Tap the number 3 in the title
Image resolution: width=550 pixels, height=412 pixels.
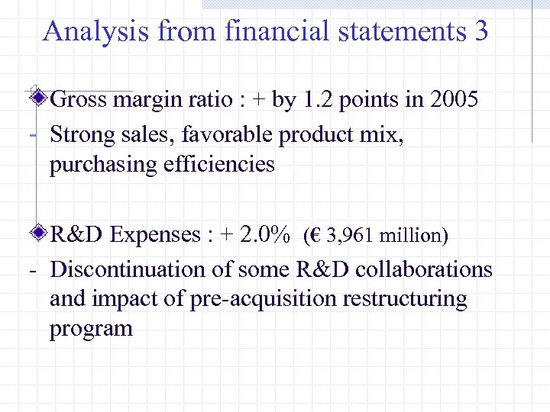click(x=480, y=31)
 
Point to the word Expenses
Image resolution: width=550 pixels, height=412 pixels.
click(x=157, y=235)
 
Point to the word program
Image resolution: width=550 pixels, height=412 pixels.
click(x=91, y=329)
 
